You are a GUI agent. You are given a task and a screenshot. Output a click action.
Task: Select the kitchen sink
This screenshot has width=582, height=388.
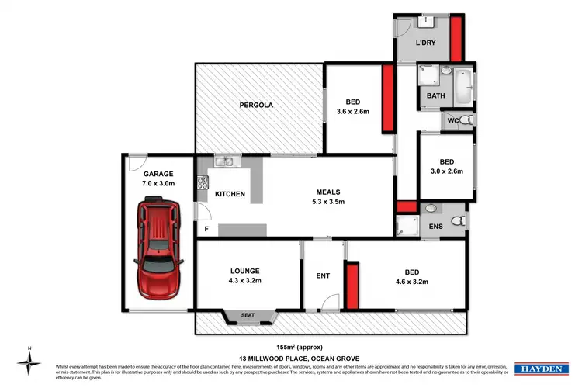[x=225, y=162]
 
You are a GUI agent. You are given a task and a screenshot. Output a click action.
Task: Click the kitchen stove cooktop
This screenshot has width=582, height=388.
[x=204, y=184]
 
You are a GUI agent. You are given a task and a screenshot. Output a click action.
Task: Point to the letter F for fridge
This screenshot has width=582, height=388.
[x=206, y=229]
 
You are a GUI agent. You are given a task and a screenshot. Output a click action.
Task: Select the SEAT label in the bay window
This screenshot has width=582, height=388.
[x=248, y=314]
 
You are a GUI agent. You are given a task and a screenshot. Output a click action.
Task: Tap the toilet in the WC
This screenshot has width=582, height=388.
[x=463, y=121]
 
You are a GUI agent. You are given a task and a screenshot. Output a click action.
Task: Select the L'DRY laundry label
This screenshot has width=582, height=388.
[x=424, y=42]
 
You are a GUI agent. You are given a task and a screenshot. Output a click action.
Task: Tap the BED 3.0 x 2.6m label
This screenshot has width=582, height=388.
[x=445, y=166]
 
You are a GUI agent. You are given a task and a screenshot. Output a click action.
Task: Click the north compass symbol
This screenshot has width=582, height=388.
[x=29, y=360]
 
